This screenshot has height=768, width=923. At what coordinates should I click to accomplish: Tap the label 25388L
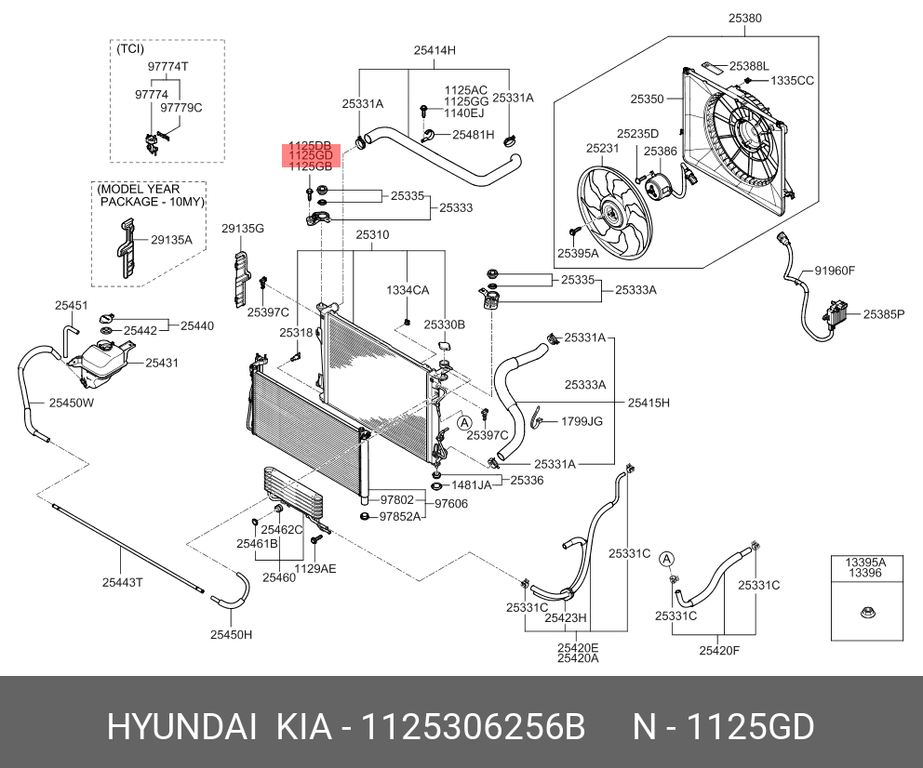[749, 66]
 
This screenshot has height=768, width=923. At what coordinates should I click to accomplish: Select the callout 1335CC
[792, 81]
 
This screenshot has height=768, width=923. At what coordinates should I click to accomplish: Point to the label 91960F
[834, 271]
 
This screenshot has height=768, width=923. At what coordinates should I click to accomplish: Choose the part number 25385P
[883, 314]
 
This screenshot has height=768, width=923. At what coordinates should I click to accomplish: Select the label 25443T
[123, 582]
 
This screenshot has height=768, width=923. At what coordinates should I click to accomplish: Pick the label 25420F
[719, 650]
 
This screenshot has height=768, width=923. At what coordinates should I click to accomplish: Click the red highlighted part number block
[312, 156]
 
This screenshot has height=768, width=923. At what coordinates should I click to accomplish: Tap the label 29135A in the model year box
[171, 239]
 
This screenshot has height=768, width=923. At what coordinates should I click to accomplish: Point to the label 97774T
[167, 66]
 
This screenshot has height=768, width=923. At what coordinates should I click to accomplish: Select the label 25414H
[435, 50]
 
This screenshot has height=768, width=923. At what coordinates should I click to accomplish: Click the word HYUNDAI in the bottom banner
[181, 726]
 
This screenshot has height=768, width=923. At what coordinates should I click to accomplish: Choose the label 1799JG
[581, 421]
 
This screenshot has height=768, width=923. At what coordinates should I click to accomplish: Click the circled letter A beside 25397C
[463, 422]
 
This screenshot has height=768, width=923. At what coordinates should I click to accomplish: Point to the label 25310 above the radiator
[371, 234]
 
